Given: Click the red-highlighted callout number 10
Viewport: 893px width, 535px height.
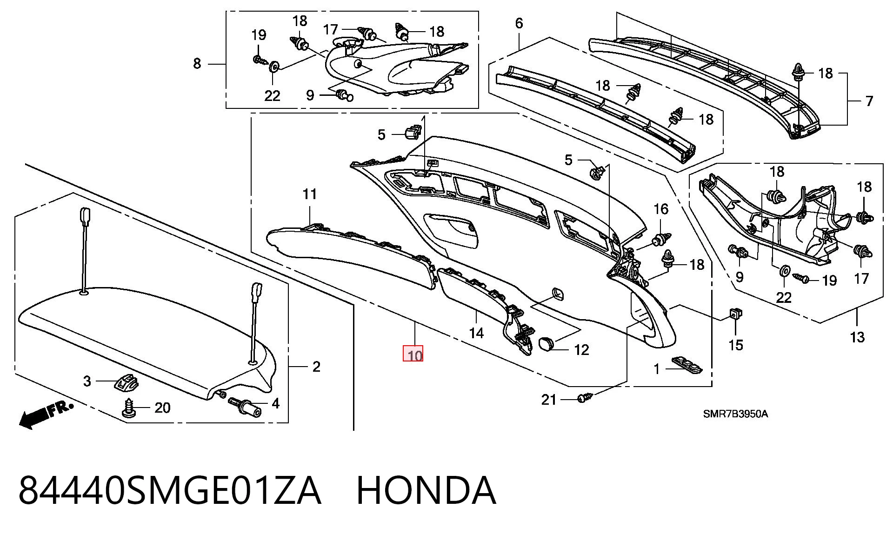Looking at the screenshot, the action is [x=413, y=355].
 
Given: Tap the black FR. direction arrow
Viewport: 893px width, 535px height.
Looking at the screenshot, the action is [x=46, y=415].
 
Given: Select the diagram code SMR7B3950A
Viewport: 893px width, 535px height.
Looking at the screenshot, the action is [x=735, y=414].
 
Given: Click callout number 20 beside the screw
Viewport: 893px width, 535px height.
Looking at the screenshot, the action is [x=162, y=408].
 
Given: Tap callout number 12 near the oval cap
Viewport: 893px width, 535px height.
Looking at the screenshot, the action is [x=581, y=349].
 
